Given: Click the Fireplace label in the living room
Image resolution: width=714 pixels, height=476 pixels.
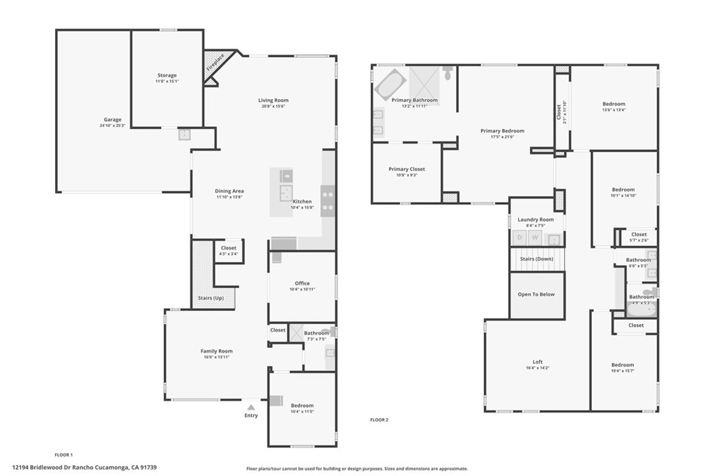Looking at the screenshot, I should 215,63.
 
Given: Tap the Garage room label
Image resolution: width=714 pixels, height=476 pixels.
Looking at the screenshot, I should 112,119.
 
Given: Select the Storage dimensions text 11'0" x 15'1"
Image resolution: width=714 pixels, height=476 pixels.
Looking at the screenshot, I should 167,82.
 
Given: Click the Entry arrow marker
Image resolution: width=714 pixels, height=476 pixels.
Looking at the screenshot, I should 251,406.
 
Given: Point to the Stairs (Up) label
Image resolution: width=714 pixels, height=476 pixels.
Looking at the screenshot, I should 211,298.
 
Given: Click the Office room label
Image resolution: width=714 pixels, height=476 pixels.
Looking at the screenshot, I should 302,283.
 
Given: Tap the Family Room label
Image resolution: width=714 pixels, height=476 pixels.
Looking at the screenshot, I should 216,351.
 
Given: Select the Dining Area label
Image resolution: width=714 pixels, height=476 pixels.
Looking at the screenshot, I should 229,191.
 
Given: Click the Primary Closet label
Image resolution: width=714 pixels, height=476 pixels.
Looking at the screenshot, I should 407,169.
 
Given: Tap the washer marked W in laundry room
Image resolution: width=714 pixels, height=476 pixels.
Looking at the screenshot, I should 535,238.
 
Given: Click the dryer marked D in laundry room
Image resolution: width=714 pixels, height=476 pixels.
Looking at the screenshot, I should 519,238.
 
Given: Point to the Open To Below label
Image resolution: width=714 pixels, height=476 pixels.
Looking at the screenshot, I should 536,294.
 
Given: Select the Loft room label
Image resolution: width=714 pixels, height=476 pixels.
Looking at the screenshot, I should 538,362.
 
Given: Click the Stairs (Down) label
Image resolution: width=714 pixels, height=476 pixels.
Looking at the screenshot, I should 535,259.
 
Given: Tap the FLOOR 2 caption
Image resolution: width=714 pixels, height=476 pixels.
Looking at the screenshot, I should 379,420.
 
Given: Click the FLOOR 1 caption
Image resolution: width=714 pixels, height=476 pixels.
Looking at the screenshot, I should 63,454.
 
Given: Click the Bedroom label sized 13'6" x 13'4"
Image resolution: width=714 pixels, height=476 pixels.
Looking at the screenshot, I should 614,104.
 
